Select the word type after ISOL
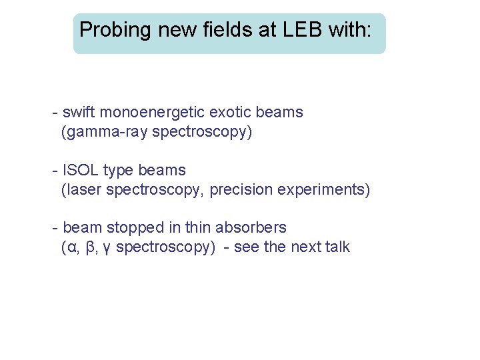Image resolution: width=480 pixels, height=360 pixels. [x=119, y=171]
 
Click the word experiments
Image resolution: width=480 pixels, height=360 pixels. [x=323, y=190]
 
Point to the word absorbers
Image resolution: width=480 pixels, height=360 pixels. [x=253, y=228]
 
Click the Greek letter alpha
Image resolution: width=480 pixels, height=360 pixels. [x=70, y=248]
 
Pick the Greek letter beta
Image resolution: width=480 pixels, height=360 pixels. [x=91, y=248]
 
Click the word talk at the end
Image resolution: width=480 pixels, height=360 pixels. [x=337, y=247]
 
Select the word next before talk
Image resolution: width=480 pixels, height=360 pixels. [x=306, y=247]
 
